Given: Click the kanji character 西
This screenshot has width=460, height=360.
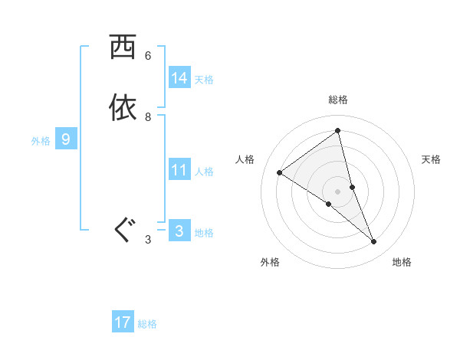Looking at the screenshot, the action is point(123,47).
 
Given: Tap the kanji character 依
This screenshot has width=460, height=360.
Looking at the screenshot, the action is point(123,108).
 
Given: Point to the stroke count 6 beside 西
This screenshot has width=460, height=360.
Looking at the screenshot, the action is point(148,56).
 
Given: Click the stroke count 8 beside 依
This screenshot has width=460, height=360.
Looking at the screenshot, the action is point(148,117).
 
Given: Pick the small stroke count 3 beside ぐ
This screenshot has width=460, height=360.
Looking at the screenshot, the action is point(148,240).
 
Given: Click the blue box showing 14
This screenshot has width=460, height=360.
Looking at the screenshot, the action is point(179,78).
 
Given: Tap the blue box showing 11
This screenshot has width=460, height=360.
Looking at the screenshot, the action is point(179,170).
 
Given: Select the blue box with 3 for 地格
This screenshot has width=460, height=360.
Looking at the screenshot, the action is point(179,231).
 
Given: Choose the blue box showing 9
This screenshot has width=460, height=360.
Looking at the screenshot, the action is point(66,139).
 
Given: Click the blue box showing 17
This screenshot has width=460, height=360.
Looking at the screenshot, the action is point(123,322).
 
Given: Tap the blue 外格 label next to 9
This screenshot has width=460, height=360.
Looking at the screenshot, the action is point(41,141).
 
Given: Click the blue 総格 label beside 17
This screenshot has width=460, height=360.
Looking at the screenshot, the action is point(147,324).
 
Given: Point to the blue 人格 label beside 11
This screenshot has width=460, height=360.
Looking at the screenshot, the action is point(204,172).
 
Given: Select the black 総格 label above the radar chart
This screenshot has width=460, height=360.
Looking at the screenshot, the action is point(338,100).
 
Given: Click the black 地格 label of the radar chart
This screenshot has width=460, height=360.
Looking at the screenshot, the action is point(402,262).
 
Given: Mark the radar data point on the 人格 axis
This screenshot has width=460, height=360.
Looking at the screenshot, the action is point(279,172).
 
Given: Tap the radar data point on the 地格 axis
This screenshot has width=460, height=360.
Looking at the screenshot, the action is point(374,241).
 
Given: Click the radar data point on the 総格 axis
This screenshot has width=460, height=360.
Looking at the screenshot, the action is point(338,131).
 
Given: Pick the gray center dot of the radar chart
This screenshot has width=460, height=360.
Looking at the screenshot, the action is point(338,191).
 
